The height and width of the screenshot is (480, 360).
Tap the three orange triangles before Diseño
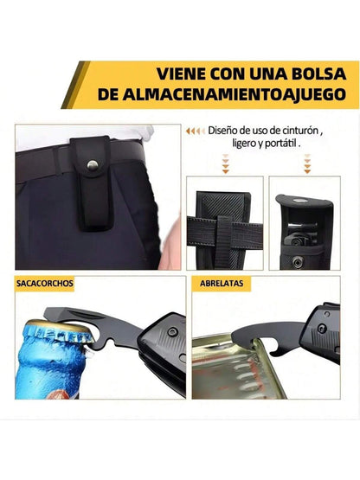click(195, 132)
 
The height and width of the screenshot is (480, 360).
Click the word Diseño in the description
click(224, 132)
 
